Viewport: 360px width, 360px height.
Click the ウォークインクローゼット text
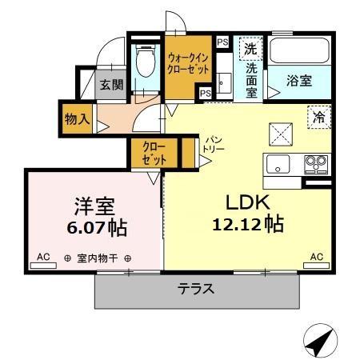pyautogui.click(x=189, y=63)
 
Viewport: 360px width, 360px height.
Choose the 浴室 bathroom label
pyautogui.click(x=300, y=81)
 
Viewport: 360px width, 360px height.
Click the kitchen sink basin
pyautogui.click(x=279, y=165)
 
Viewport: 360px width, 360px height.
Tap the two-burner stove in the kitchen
pyautogui.click(x=315, y=165)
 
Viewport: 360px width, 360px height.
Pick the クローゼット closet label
pyautogui.click(x=154, y=153)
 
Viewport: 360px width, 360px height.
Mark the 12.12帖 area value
pyautogui.click(x=246, y=225)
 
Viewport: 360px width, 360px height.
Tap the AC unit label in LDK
pyautogui.click(x=316, y=258)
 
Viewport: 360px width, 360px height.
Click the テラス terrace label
pyautogui.click(x=195, y=290)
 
